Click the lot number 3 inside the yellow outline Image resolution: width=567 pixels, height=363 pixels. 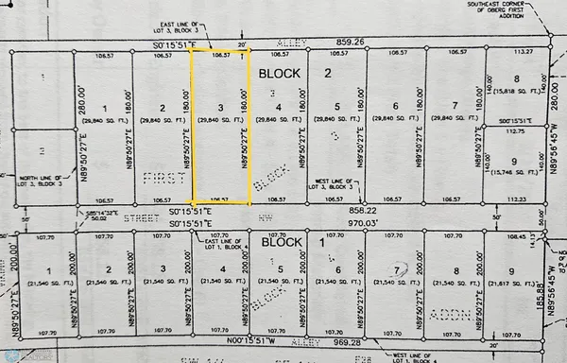click(220, 108)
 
